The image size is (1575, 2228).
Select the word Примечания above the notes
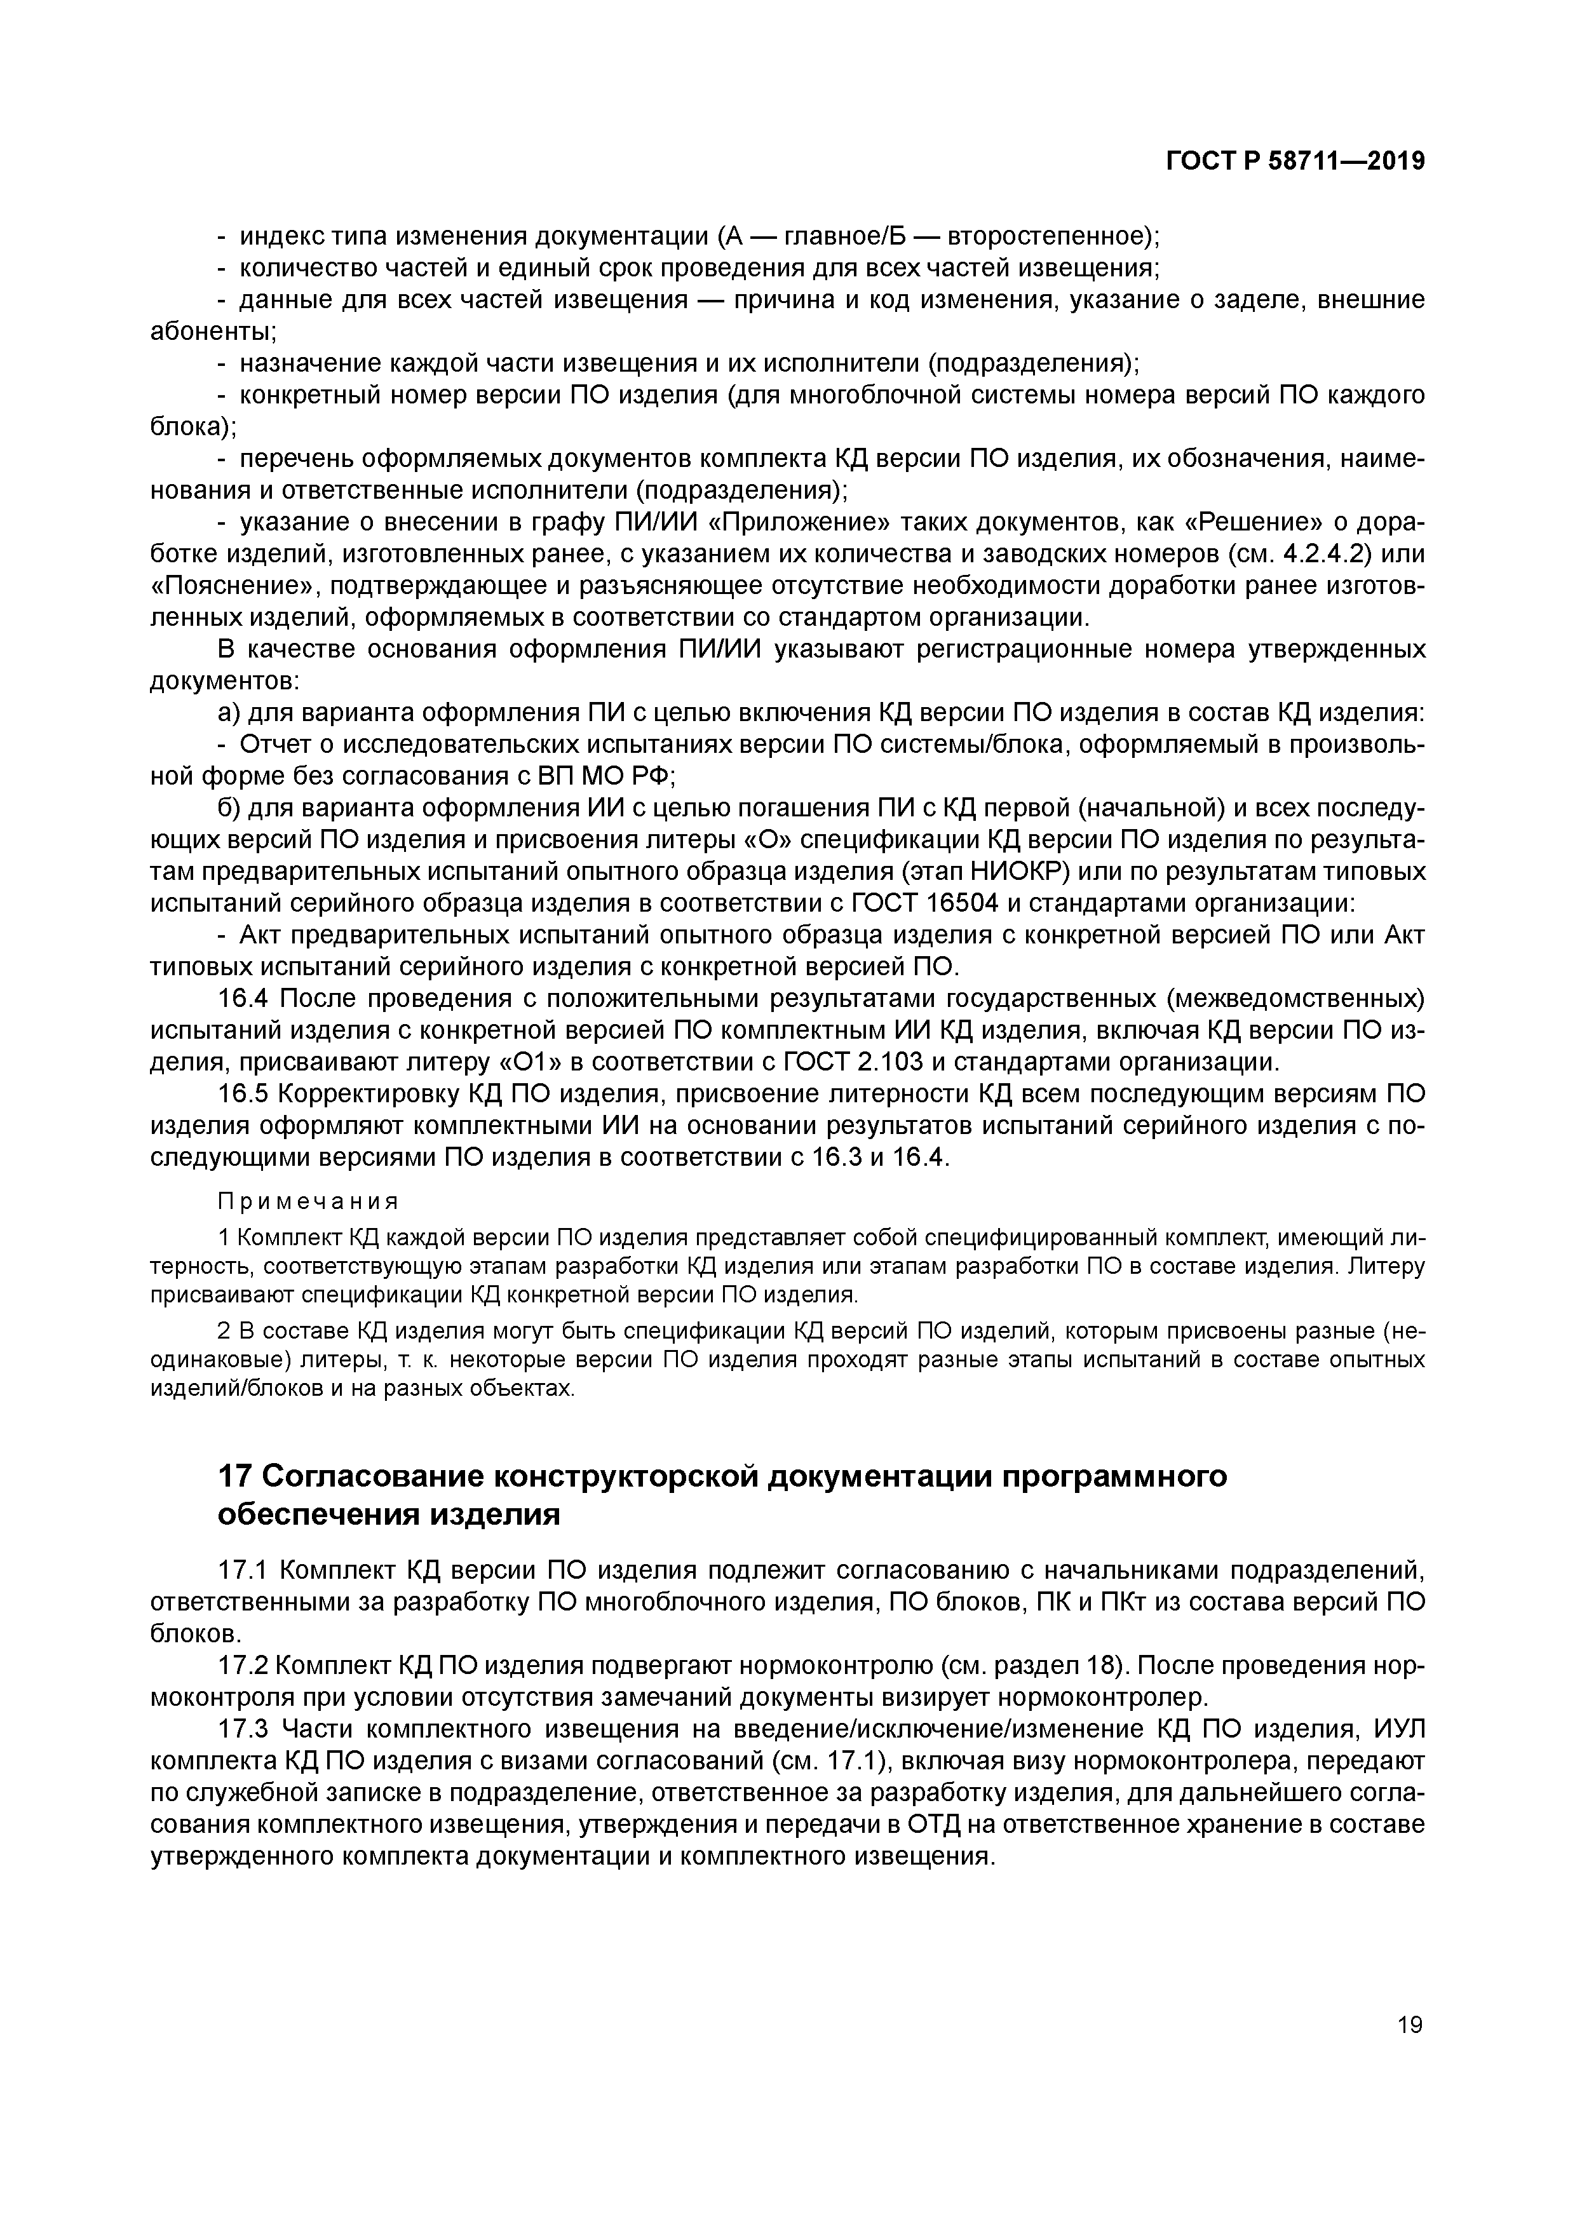point(308,1201)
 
